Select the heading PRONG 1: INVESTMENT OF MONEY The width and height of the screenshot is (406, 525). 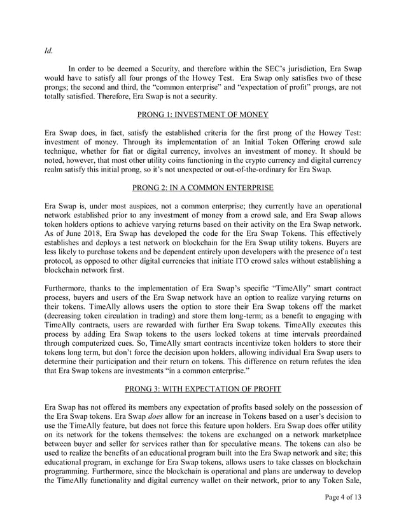click(x=203, y=114)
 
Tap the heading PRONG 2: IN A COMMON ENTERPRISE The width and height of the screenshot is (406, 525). click(x=203, y=187)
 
